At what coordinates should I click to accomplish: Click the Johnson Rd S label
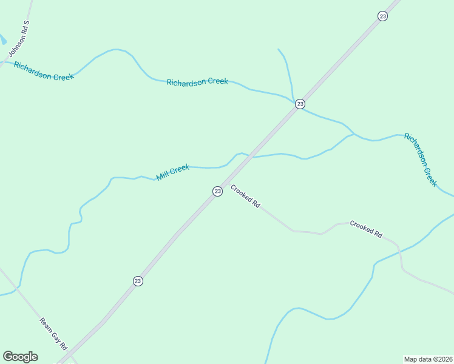coord(19,38)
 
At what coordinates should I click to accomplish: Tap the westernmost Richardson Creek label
coord(44,71)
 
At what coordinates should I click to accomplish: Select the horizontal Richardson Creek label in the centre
coord(197,82)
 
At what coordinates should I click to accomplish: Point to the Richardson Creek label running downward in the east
coord(421,159)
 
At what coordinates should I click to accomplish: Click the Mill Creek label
coord(173,172)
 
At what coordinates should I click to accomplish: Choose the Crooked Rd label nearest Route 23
coord(245,197)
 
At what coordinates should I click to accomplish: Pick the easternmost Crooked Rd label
coord(366,229)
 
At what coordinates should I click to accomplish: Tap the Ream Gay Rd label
coord(53,334)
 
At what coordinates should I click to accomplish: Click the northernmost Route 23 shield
coord(382,16)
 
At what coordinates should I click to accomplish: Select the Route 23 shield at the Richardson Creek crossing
coord(300,104)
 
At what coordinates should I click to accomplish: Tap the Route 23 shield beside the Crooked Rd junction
coord(217,191)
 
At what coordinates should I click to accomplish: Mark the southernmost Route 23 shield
coord(138,281)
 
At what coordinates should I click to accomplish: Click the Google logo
coord(20,357)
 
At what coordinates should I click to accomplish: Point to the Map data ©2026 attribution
coord(429,359)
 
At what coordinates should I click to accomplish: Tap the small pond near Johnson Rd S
coord(2,40)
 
